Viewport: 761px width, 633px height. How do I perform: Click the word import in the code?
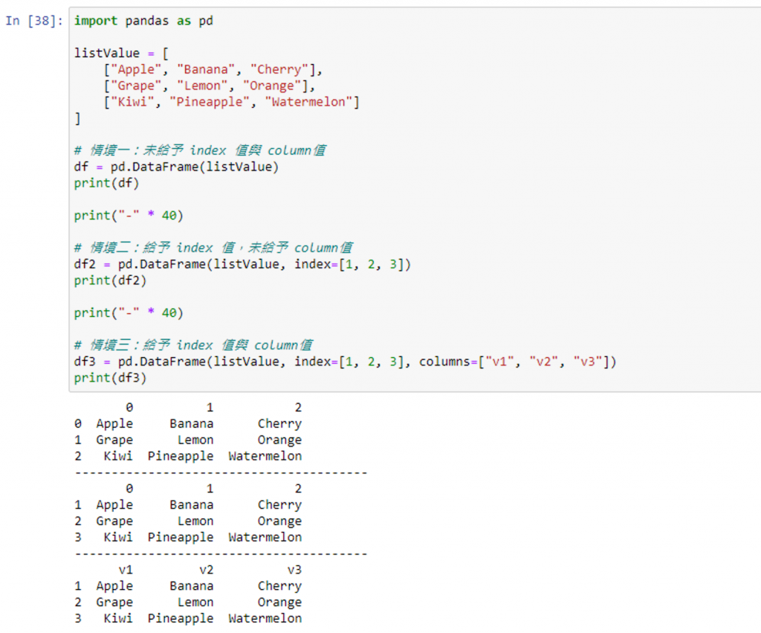[95, 21]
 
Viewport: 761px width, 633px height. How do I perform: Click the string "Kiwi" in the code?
[136, 103]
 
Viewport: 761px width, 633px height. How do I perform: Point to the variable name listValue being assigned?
[106, 54]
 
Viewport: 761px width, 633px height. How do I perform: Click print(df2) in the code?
[110, 280]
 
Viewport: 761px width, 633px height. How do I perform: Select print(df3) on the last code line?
[110, 378]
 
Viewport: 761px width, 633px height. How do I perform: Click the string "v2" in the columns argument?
[551, 362]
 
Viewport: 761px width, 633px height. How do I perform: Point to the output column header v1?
[126, 570]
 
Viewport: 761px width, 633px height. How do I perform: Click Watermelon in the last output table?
[265, 618]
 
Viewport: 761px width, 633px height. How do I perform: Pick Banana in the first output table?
[191, 424]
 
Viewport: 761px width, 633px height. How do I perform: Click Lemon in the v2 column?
[195, 603]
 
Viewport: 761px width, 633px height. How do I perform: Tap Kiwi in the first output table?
[118, 456]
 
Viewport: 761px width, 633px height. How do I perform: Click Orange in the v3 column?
[279, 603]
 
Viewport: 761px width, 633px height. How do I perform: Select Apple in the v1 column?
[114, 586]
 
